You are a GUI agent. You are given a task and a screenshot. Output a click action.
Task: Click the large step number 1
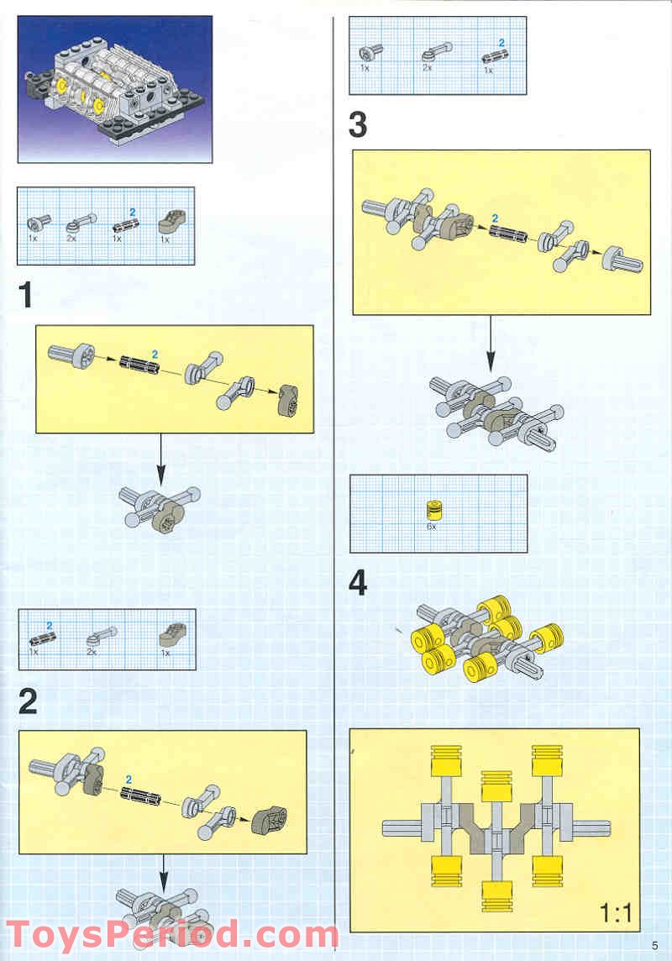(x=27, y=296)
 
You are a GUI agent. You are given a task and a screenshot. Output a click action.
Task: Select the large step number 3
(x=358, y=125)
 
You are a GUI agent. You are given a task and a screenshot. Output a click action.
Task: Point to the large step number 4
(x=359, y=582)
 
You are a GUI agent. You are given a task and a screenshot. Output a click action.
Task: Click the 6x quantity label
(x=432, y=527)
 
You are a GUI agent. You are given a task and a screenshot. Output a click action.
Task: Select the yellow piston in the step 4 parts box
(x=433, y=509)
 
